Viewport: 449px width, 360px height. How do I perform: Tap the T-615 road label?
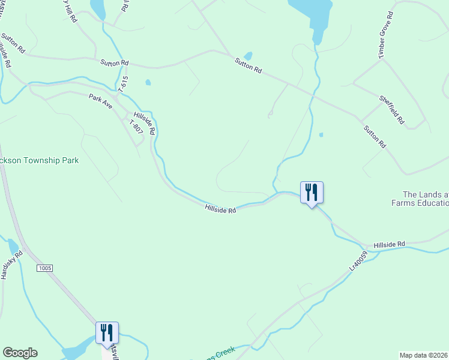click(124, 83)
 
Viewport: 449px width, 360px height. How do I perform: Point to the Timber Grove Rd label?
click(385, 35)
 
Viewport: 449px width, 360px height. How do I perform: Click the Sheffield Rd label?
click(391, 110)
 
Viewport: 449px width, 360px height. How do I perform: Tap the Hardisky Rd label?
click(11, 265)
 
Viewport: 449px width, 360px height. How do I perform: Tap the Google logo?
click(20, 353)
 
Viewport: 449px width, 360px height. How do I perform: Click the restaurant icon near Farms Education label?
click(312, 193)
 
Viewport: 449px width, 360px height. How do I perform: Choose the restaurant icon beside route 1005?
click(107, 333)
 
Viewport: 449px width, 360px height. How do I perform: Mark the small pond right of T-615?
click(148, 83)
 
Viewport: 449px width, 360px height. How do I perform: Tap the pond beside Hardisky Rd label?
click(13, 247)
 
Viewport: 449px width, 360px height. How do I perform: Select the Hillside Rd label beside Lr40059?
click(389, 245)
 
